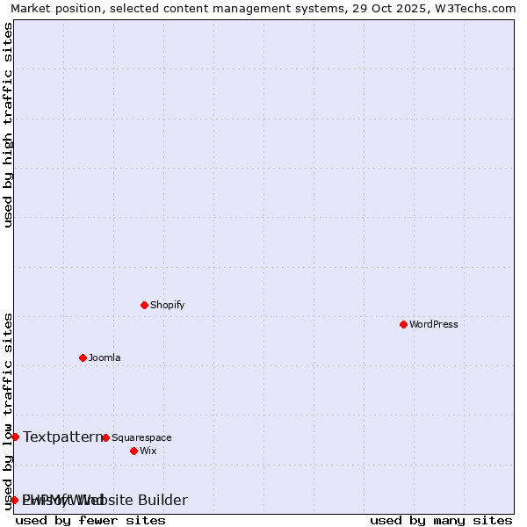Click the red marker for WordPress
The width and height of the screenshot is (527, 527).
point(403,324)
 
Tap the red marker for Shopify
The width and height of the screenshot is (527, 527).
point(144,305)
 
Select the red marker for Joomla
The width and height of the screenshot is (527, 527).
point(83,357)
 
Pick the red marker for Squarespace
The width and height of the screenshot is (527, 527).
point(105,437)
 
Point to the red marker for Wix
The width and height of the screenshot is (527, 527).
point(134,451)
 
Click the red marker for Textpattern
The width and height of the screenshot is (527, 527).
point(15,437)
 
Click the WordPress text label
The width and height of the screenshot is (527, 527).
point(434,324)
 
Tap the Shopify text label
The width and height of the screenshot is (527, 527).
point(167,305)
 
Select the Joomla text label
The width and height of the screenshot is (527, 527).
point(105,357)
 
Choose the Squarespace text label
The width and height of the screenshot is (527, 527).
point(141,437)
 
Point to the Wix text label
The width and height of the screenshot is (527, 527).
point(148,451)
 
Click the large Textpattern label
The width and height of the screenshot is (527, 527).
point(62,437)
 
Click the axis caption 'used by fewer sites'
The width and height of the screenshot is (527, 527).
point(90,520)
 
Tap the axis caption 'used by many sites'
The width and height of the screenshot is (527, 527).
point(441,520)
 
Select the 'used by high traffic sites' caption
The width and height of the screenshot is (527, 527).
point(9,125)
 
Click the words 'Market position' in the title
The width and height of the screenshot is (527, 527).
point(53,8)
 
